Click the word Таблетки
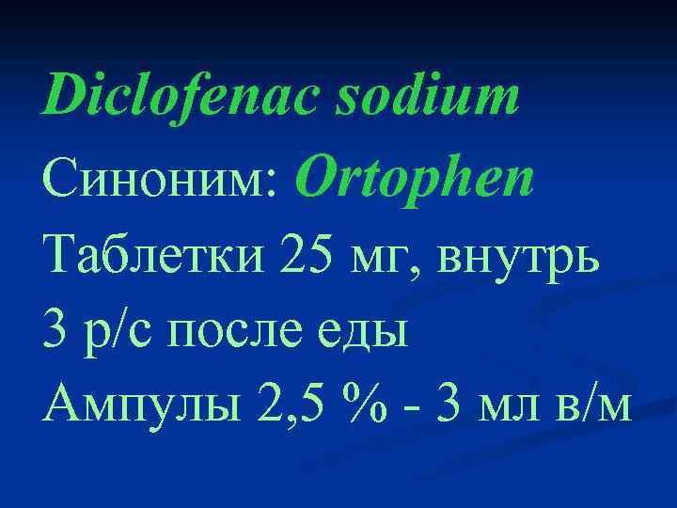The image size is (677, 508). [x=153, y=257]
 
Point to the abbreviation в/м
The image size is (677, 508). [x=595, y=412]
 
